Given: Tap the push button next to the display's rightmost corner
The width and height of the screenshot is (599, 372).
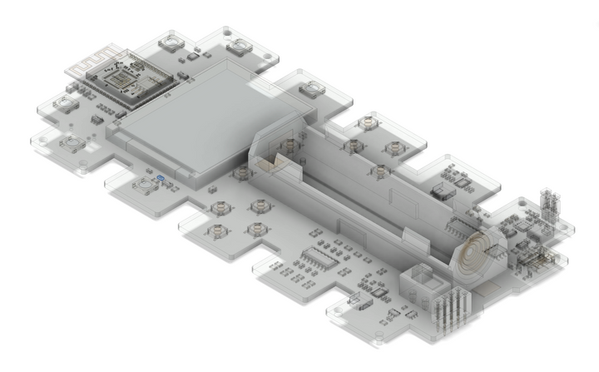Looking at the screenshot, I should [x=312, y=89].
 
